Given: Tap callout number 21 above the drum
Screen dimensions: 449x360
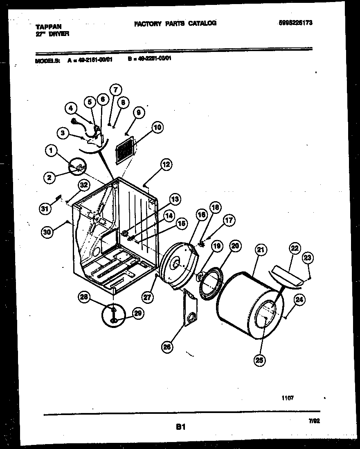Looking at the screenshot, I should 260,249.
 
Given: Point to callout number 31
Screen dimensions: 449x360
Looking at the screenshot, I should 45,209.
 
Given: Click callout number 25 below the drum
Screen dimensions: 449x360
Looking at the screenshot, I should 260,360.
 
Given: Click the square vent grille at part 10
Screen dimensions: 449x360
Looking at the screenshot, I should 124,150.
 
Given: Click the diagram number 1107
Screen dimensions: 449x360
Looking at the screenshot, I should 288,397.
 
